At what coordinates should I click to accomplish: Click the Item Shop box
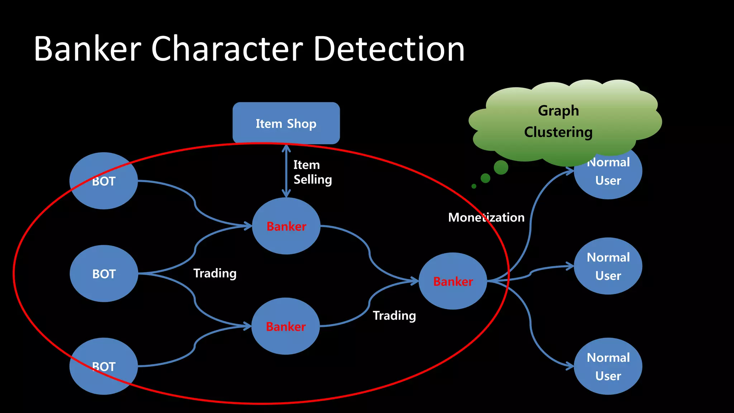point(286,123)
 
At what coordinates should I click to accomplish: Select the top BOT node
point(104,181)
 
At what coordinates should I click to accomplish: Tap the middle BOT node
point(104,274)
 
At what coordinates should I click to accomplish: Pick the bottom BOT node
point(104,366)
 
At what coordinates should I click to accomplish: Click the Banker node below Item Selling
point(286,226)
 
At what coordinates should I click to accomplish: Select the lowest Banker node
point(286,326)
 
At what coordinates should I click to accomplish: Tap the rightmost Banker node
point(453,281)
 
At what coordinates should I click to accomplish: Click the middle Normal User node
point(608,266)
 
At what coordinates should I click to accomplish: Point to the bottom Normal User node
point(608,366)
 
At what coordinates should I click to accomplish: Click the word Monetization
point(486,217)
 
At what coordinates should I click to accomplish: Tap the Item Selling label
point(312,172)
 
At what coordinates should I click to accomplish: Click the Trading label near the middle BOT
point(215,273)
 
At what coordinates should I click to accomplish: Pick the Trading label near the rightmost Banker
point(394,315)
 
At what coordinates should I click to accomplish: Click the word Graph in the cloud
point(558,111)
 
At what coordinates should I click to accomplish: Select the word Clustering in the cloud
point(558,132)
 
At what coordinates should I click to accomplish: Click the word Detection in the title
point(389,49)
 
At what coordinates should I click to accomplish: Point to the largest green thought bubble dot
point(501,167)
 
